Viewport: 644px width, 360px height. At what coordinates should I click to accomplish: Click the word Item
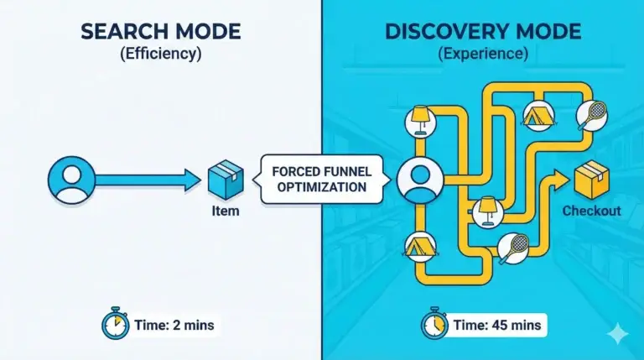[x=221, y=211]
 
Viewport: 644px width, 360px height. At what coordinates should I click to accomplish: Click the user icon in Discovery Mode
[x=416, y=180]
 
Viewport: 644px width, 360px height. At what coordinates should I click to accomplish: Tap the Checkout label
[x=591, y=211]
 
